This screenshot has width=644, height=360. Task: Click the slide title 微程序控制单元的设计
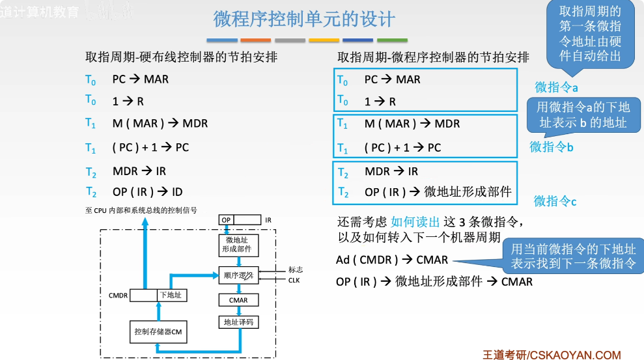(x=304, y=19)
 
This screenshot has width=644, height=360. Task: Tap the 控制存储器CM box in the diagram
(x=158, y=332)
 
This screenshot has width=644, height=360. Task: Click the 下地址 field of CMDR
(x=170, y=296)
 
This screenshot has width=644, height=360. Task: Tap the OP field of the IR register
(x=227, y=220)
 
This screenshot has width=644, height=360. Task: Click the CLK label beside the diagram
(x=294, y=280)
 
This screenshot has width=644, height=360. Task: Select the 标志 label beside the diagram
(x=295, y=270)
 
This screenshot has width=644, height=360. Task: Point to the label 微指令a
(x=557, y=87)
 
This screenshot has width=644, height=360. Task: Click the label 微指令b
(x=552, y=146)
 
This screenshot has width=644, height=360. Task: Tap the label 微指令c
(x=555, y=201)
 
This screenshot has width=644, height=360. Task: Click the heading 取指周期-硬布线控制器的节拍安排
(x=182, y=57)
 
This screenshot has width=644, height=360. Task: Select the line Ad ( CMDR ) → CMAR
(x=392, y=260)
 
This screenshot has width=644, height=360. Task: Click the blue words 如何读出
(x=415, y=221)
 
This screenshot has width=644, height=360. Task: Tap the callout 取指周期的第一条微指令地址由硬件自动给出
(x=590, y=34)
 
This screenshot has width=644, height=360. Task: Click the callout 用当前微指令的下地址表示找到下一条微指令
(x=573, y=256)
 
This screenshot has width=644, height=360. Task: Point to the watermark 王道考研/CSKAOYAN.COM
(x=552, y=354)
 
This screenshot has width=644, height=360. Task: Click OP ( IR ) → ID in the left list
(x=147, y=192)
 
